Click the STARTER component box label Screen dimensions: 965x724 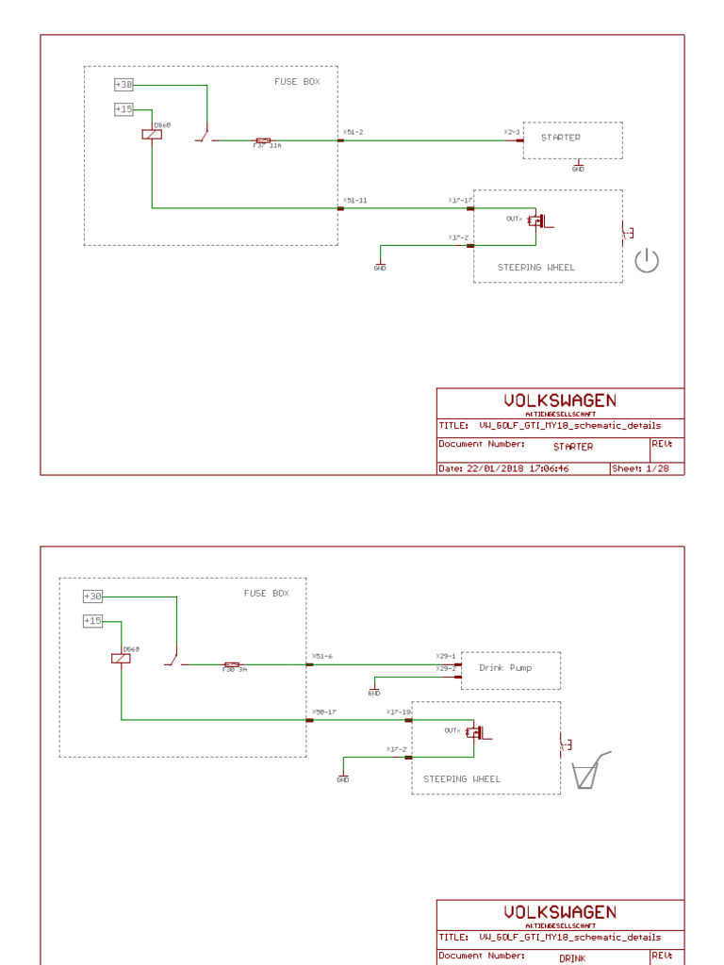[x=561, y=138]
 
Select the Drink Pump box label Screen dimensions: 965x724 [x=505, y=667]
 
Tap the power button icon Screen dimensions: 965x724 [x=647, y=261]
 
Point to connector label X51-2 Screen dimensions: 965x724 [x=353, y=132]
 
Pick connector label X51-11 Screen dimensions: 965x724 [x=354, y=200]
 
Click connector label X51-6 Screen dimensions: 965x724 [x=322, y=656]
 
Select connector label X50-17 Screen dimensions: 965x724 [x=324, y=711]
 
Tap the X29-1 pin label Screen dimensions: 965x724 [x=445, y=656]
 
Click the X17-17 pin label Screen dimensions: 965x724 [x=460, y=200]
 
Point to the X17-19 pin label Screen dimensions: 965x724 [x=398, y=711]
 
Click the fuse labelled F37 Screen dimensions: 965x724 [x=264, y=142]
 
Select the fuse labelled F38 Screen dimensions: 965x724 [x=232, y=666]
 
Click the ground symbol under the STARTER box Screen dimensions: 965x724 [x=578, y=167]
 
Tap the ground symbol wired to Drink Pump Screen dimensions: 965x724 [x=374, y=691]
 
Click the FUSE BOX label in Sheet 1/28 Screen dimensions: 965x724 [x=297, y=82]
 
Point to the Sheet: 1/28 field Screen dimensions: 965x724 [x=640, y=468]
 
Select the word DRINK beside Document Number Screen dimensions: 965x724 [x=572, y=958]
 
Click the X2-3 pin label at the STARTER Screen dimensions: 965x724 [x=511, y=132]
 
